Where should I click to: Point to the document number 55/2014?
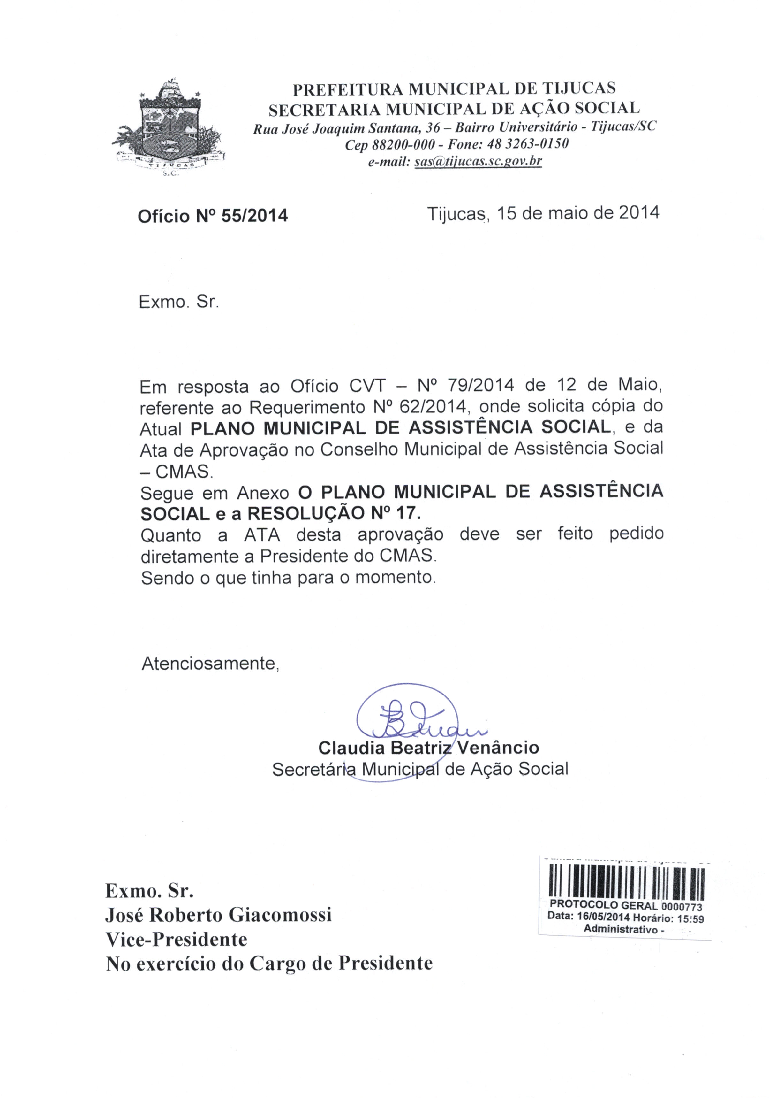tap(254, 216)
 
